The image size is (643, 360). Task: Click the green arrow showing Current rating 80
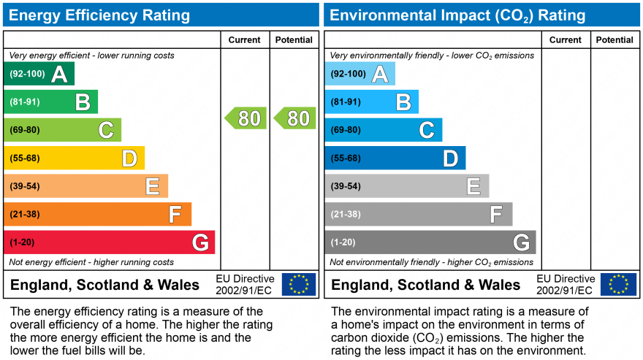246,118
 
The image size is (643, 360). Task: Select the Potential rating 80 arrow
295,118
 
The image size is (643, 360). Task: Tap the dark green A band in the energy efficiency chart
39,74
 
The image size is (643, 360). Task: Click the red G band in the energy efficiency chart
109,242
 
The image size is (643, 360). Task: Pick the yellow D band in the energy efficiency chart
74,158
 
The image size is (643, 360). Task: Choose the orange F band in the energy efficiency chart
97,215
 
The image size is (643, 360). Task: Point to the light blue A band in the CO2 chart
359,74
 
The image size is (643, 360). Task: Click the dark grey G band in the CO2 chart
430,242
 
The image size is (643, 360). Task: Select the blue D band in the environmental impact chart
395,158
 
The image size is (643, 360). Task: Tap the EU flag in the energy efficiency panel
299,284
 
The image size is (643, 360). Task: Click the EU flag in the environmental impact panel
618,284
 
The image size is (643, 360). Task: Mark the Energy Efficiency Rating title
99,15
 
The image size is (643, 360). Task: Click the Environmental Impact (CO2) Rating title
458,15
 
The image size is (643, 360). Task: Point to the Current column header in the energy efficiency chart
245,40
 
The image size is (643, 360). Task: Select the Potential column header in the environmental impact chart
615,40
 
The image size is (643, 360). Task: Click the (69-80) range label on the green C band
25,130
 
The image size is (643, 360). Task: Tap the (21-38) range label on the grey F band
346,215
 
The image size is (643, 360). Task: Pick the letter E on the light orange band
152,187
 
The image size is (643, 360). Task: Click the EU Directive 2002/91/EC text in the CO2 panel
565,285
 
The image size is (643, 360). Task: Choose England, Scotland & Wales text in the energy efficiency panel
104,285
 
